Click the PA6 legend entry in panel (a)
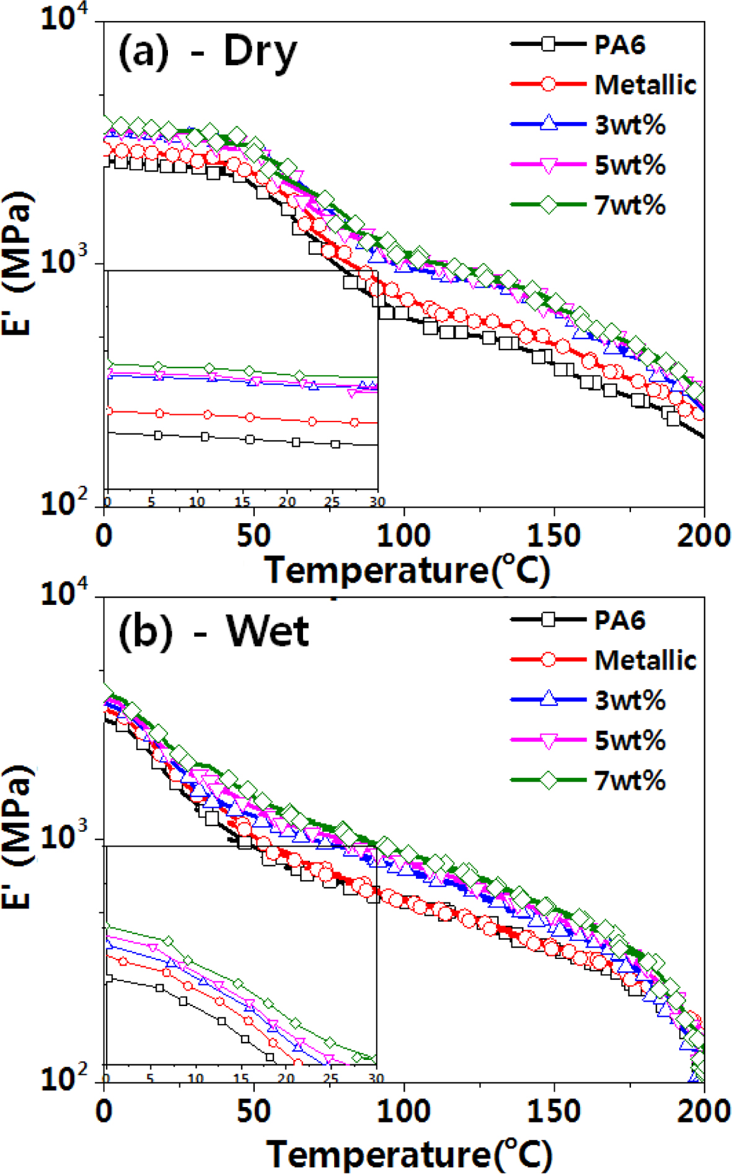(x=619, y=45)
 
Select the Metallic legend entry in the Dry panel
(x=645, y=85)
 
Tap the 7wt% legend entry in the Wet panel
(x=630, y=780)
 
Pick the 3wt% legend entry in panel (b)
(x=630, y=700)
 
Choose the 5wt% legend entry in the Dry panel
(x=630, y=166)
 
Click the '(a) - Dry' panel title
(x=208, y=51)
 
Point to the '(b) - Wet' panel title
(x=213, y=632)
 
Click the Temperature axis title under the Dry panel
(x=407, y=570)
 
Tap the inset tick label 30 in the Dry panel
(x=377, y=501)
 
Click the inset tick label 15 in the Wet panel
(x=241, y=1079)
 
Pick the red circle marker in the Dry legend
(x=548, y=84)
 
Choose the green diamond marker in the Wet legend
(x=549, y=780)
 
